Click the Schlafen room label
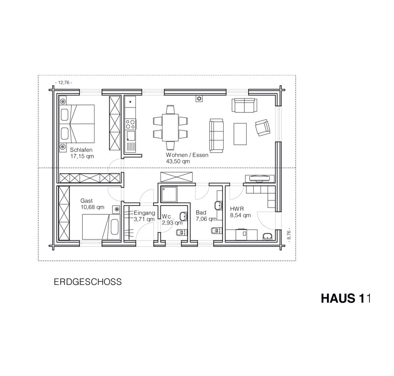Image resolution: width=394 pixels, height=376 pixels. click(81, 150)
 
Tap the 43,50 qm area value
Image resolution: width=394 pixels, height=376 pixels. click(178, 162)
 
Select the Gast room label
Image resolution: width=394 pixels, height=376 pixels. click(87, 201)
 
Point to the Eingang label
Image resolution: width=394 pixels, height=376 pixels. click(144, 213)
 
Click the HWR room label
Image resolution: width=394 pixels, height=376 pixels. click(237, 209)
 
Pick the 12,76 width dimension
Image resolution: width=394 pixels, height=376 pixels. click(64, 82)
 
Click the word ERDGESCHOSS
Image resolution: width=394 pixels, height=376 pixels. click(88, 282)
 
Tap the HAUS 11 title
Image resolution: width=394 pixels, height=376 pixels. click(346, 298)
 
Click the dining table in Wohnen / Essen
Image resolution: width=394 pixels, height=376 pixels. click(170, 128)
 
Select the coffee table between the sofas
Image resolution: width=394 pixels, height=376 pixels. click(240, 134)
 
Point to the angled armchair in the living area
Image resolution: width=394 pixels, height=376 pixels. click(263, 127)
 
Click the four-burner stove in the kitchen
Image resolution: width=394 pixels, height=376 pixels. click(131, 124)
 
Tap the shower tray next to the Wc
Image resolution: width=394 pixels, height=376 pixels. click(169, 194)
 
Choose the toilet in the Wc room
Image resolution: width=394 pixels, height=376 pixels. click(182, 233)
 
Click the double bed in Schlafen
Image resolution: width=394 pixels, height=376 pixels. click(77, 124)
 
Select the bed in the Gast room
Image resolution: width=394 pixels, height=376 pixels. click(100, 227)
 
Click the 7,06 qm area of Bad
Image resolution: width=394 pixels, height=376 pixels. click(206, 219)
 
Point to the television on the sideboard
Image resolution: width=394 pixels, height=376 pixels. click(260, 178)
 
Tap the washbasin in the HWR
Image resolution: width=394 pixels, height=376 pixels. click(267, 237)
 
